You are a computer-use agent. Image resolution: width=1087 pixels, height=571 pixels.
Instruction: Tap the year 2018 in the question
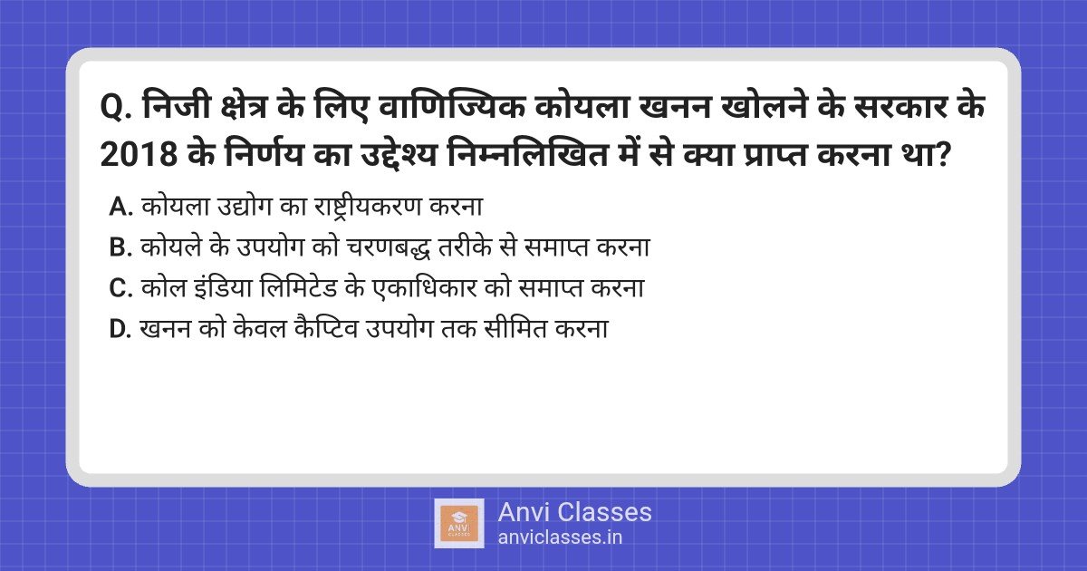[x=139, y=155]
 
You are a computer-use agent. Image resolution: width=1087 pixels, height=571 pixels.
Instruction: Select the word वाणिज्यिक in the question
[x=451, y=106]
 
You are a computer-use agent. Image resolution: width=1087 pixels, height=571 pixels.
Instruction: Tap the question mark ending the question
[x=943, y=155]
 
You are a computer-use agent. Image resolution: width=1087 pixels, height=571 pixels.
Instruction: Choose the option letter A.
[x=120, y=207]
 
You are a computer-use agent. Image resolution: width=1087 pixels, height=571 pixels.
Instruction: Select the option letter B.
[x=120, y=247]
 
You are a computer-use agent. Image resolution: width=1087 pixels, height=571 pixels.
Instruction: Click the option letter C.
[x=120, y=288]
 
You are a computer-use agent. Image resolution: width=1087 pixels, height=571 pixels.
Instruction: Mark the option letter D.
[x=120, y=329]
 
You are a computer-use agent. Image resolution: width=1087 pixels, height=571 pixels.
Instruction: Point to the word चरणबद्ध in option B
[x=389, y=247]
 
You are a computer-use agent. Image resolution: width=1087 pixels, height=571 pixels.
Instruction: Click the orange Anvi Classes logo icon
[x=459, y=523]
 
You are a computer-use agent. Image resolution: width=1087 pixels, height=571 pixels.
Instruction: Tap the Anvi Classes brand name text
[x=574, y=512]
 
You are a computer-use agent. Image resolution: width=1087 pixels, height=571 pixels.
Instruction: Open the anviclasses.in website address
[x=560, y=537]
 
